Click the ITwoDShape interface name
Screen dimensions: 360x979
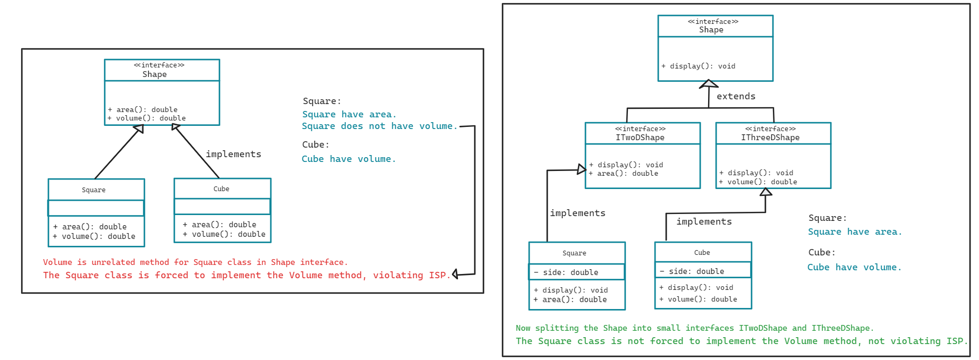coord(640,138)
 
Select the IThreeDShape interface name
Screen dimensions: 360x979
coord(770,138)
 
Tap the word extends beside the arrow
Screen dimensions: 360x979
coord(736,96)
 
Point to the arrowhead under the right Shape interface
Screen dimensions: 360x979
coord(709,84)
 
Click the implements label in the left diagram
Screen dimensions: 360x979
coord(233,154)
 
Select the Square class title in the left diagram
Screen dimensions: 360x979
coord(93,190)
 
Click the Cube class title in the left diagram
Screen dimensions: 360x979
coord(222,189)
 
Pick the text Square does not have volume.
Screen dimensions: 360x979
coord(379,126)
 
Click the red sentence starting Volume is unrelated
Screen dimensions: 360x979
coord(195,262)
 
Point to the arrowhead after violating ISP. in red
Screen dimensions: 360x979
coord(455,275)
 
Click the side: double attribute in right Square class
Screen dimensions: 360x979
coord(570,272)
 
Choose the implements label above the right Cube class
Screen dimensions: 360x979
coord(704,221)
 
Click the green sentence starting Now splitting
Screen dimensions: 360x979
coord(694,328)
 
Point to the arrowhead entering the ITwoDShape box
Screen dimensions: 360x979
coord(582,169)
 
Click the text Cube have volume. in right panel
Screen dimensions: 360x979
coord(854,267)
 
